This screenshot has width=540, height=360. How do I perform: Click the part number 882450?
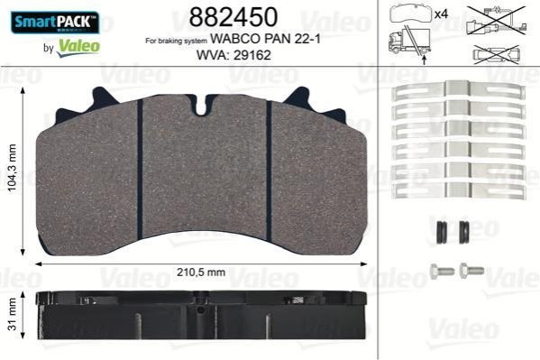233,17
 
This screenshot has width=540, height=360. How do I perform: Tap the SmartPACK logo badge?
55,23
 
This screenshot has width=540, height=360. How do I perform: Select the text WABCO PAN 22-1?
265,39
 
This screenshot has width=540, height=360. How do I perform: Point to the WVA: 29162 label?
233,55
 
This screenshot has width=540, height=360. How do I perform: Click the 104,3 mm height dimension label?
12,168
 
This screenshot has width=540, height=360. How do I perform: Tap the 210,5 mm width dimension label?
201,272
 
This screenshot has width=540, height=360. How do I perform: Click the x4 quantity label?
441,14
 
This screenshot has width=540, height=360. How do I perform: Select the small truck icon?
410,42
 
